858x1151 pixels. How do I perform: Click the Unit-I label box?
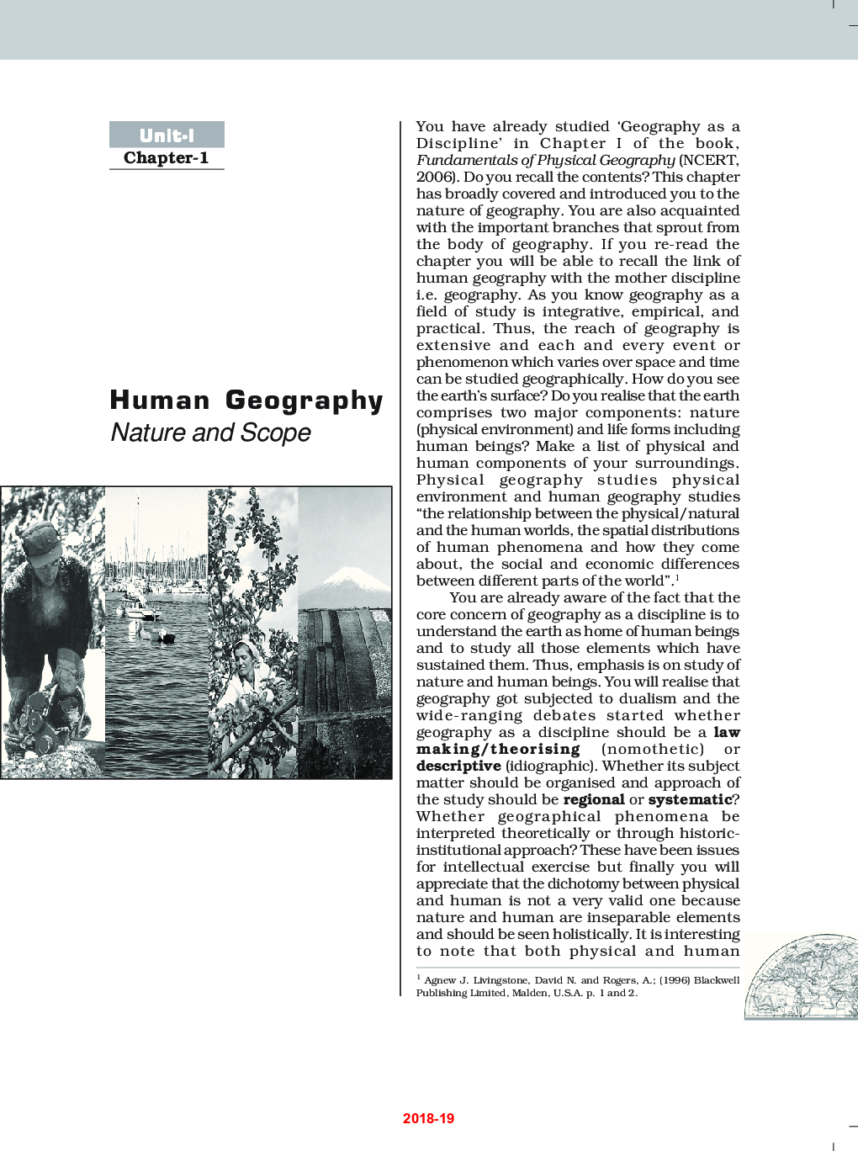(x=167, y=135)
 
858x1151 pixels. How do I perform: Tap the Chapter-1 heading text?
(x=166, y=158)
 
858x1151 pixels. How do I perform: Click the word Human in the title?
(x=160, y=400)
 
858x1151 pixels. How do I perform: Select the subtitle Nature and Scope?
(x=210, y=432)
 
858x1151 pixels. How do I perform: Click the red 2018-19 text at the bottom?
(x=428, y=1118)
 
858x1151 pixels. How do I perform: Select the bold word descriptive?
(x=458, y=766)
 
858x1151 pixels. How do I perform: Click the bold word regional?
(x=594, y=799)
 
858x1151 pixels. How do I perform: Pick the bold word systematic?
(x=690, y=799)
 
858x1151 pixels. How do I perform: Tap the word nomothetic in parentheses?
(x=653, y=749)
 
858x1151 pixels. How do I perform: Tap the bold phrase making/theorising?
(x=498, y=749)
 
